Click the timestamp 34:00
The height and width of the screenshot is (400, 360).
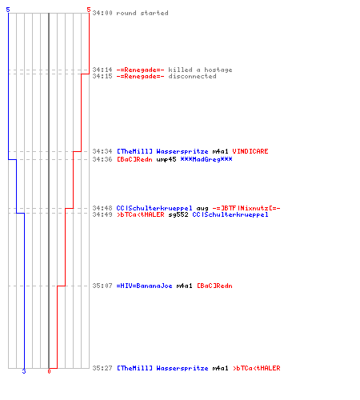pos(102,13)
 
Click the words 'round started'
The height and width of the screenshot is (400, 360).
pos(142,13)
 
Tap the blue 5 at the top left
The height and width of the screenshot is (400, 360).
pos(8,10)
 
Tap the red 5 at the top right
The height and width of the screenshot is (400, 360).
pos(89,10)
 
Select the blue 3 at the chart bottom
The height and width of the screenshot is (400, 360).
pos(24,371)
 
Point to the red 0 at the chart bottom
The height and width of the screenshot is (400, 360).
pos(49,371)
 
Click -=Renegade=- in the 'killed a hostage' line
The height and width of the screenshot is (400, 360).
pos(140,70)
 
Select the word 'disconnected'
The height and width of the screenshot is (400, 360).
pos(192,76)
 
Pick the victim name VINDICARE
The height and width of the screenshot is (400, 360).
pos(250,151)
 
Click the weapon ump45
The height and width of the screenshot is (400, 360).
pos(166,159)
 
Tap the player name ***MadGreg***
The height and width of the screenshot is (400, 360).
pos(206,159)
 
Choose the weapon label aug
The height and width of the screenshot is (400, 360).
pos(202,209)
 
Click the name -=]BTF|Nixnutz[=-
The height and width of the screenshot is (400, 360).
pos(246,208)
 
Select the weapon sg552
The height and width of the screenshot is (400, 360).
pos(178,214)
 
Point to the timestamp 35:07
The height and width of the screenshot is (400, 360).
pos(102,286)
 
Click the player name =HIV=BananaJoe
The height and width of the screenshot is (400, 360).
pos(144,286)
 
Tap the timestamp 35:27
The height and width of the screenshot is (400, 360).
pos(102,368)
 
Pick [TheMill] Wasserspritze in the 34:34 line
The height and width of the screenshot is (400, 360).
pos(162,151)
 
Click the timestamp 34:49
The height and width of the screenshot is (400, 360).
pos(102,214)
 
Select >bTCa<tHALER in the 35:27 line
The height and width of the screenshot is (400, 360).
pos(257,368)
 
